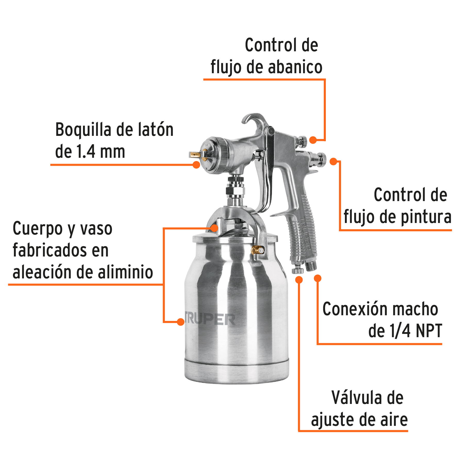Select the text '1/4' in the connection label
pos(400,330)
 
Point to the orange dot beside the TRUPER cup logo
pos(181,321)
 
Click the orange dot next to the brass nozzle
pos(196,164)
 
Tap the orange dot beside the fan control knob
pos(313,140)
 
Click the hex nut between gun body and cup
pos(235,191)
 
